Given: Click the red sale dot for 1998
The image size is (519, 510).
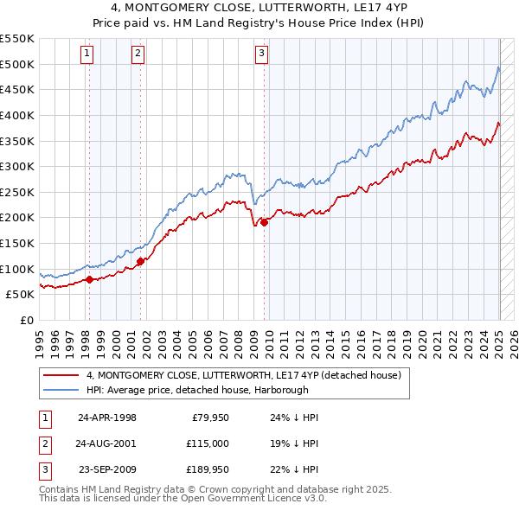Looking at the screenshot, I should (x=89, y=279).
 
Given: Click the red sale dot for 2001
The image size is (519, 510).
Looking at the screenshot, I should (x=140, y=261).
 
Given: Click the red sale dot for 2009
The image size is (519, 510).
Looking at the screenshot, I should (x=264, y=222).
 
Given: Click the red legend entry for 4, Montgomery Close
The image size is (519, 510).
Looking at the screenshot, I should (x=243, y=376).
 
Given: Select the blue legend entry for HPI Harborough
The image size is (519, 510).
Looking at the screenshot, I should (x=208, y=390).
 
